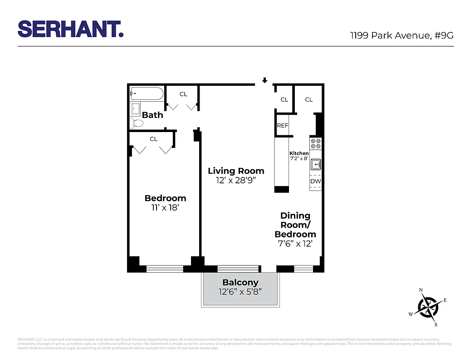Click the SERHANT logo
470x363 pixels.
point(70,29)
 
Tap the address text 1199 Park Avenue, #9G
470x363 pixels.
point(401,36)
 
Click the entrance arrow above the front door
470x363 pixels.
point(264,81)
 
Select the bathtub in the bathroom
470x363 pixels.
point(147,94)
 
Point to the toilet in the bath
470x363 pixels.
point(136,123)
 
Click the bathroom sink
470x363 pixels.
point(136,109)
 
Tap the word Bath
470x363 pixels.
point(152,115)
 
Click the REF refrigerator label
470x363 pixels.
point(283,126)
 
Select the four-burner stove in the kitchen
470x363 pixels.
point(316,144)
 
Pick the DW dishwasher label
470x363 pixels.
point(316,181)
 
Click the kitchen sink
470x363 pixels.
point(316,164)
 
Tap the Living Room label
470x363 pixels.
point(236,171)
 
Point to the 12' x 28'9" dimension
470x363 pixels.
point(236,181)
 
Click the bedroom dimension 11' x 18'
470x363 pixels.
point(165,208)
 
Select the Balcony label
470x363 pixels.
point(240,283)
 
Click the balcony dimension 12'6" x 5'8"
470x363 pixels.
point(240,292)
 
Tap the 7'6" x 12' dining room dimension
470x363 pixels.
point(295,244)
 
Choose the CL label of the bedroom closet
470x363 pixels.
point(153,139)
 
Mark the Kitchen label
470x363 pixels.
point(299,153)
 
